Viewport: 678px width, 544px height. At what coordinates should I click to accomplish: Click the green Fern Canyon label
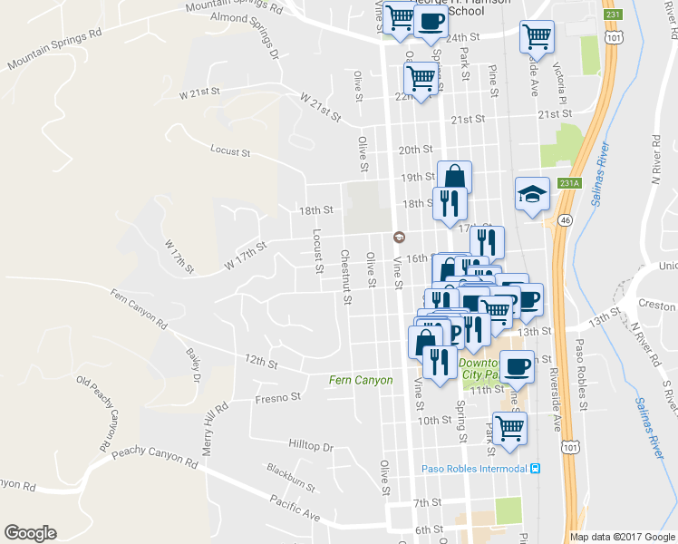361,380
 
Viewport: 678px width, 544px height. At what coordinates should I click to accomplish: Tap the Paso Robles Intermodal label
475,469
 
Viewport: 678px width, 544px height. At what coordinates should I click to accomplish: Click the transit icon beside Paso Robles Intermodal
535,469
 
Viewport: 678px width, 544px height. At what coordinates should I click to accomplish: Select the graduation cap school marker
533,193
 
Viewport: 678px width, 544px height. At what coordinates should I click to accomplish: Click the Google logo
30,533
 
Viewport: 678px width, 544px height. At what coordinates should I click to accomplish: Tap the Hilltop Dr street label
310,447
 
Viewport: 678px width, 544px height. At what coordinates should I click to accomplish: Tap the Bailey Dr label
192,364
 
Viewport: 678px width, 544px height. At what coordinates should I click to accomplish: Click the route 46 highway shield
565,220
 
